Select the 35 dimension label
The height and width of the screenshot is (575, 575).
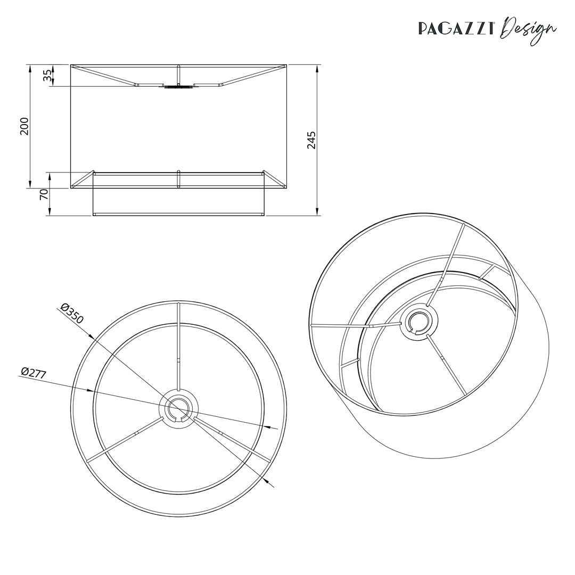coord(47,76)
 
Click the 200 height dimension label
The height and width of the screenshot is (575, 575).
coord(24,126)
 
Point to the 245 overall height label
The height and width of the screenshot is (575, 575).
coord(311,139)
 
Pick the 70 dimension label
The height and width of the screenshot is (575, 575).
coord(44,194)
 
